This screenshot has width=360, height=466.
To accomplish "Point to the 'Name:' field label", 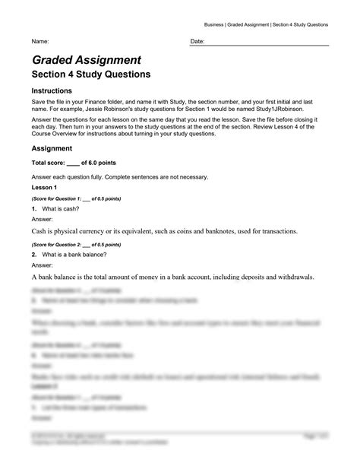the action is click(x=40, y=41).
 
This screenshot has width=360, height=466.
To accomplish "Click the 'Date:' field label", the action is click(x=197, y=41).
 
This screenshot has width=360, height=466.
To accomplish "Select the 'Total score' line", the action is click(x=75, y=163).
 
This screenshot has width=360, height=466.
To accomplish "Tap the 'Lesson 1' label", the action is click(x=44, y=187).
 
